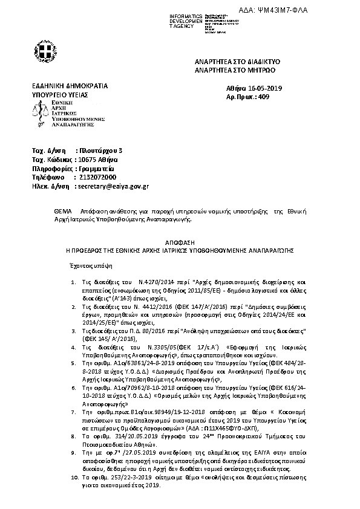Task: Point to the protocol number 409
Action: (x=262, y=97)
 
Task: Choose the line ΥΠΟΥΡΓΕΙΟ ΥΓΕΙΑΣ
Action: (x=60, y=96)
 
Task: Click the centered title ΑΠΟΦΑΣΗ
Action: (x=179, y=240)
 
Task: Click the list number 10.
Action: (x=73, y=494)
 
